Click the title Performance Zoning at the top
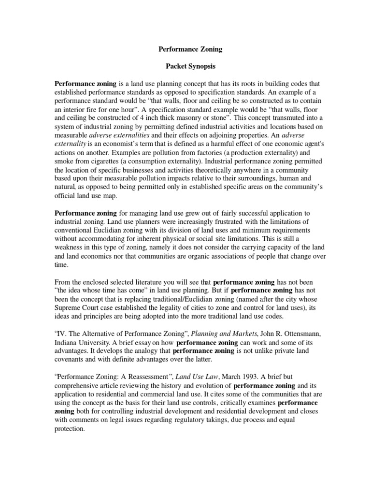pos(185,49)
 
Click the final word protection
pos(69,430)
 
